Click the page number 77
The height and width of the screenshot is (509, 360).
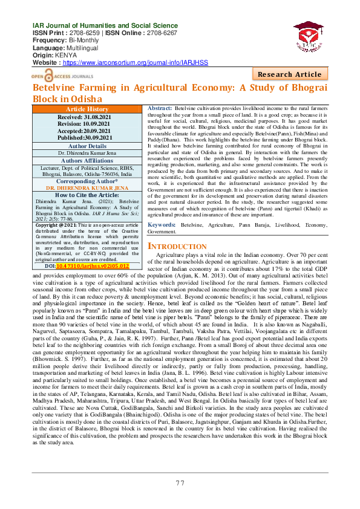pos(180,483)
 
